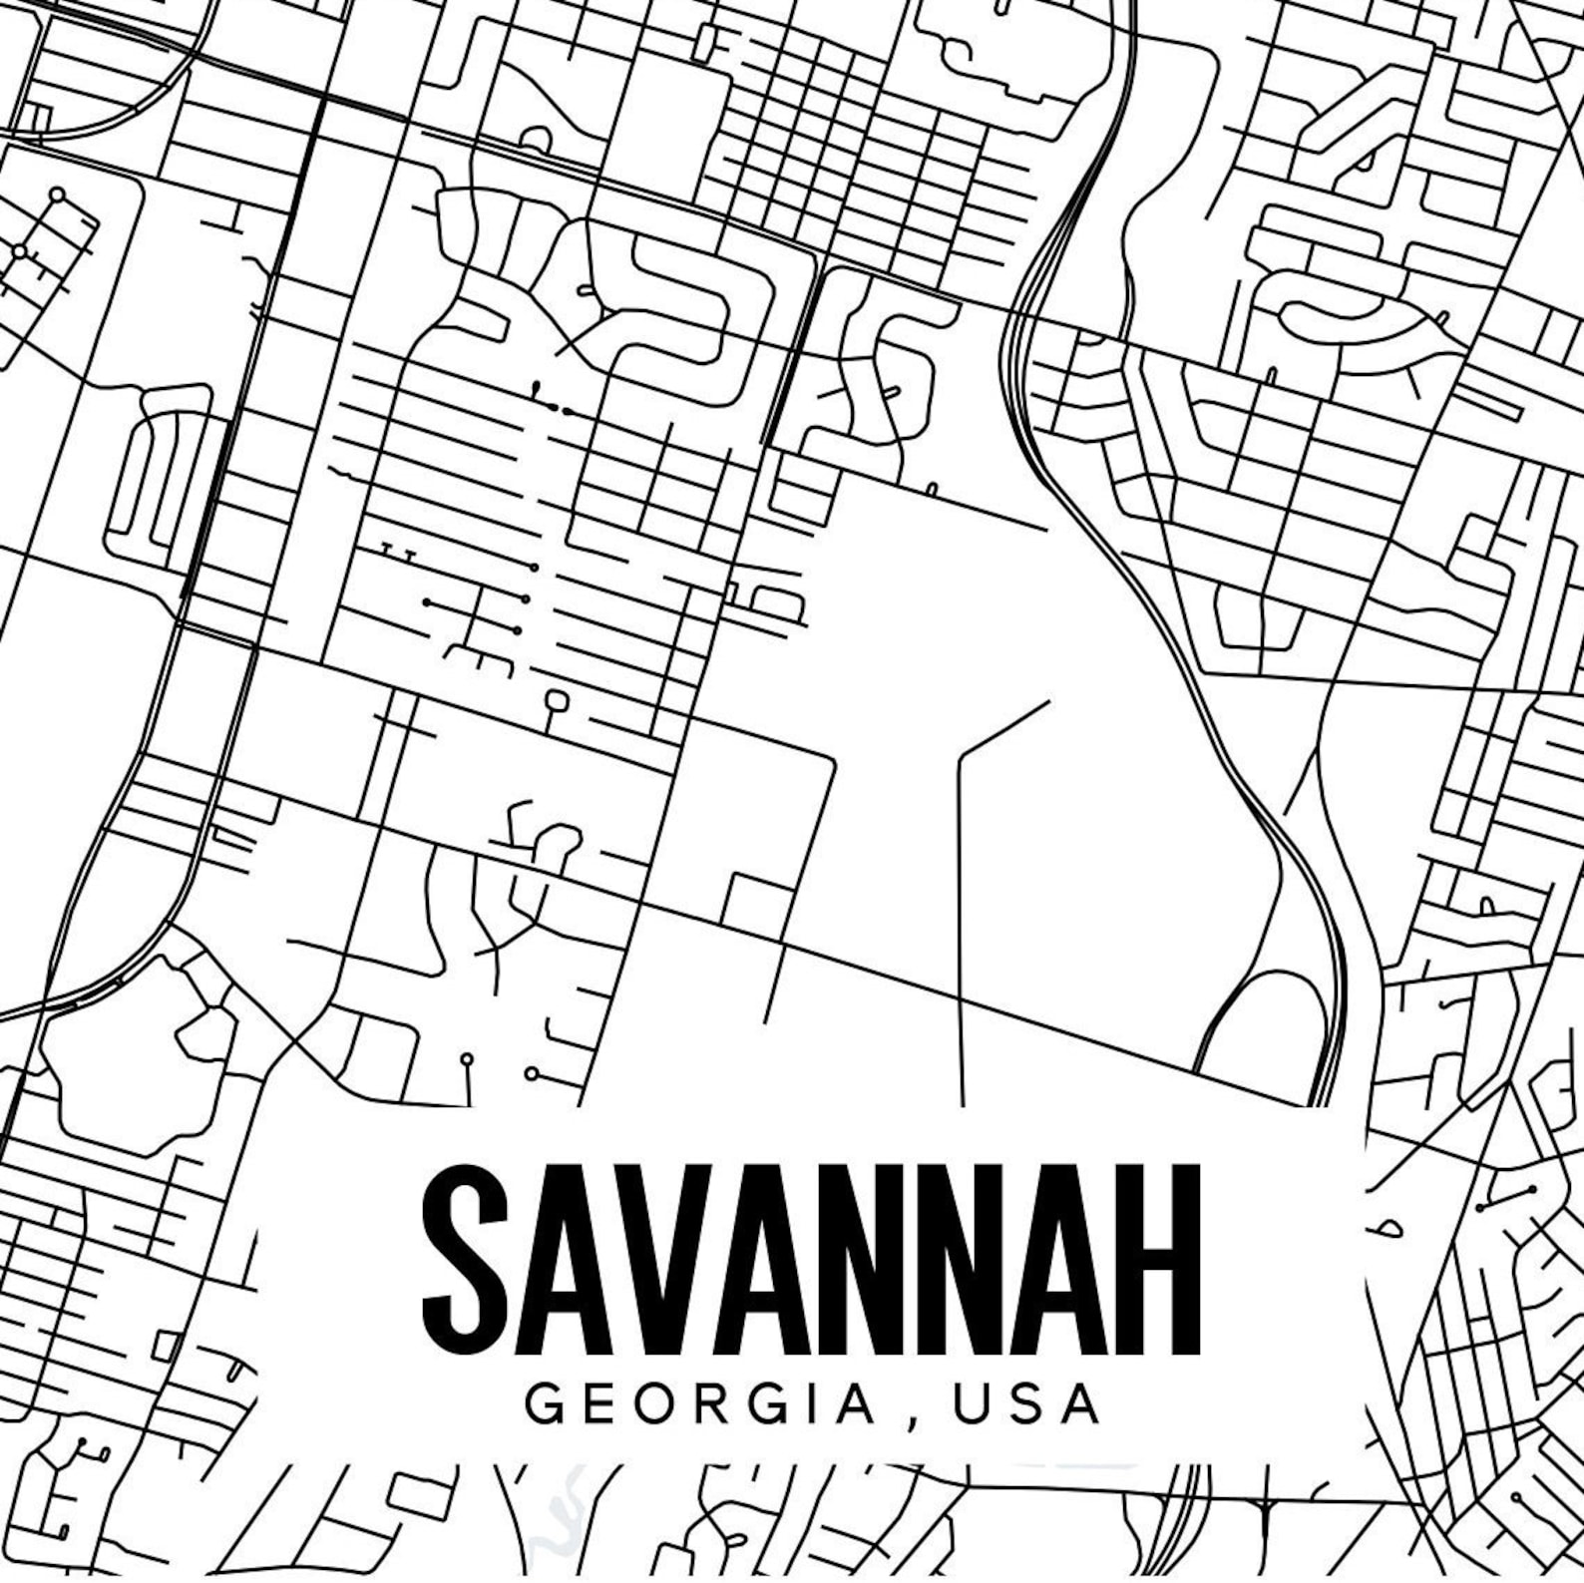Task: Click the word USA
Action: pyautogui.click(x=1027, y=1405)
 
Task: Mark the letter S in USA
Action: pyautogui.click(x=1027, y=1405)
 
